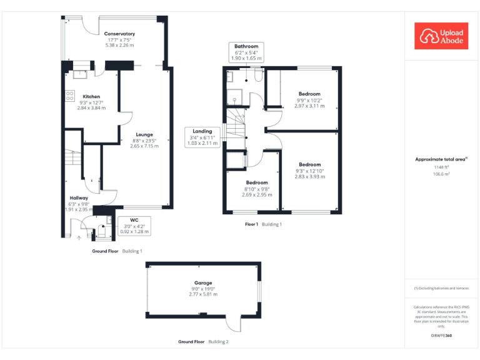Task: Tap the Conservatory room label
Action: click(x=119, y=34)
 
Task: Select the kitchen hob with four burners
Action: click(x=70, y=96)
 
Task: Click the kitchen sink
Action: click(x=80, y=74)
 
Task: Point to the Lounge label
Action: click(x=144, y=134)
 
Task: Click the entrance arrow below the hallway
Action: click(x=79, y=237)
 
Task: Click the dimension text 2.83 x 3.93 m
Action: click(x=310, y=176)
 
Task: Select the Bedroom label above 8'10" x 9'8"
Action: click(x=256, y=182)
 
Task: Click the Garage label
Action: click(x=203, y=283)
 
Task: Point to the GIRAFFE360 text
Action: click(x=441, y=336)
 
